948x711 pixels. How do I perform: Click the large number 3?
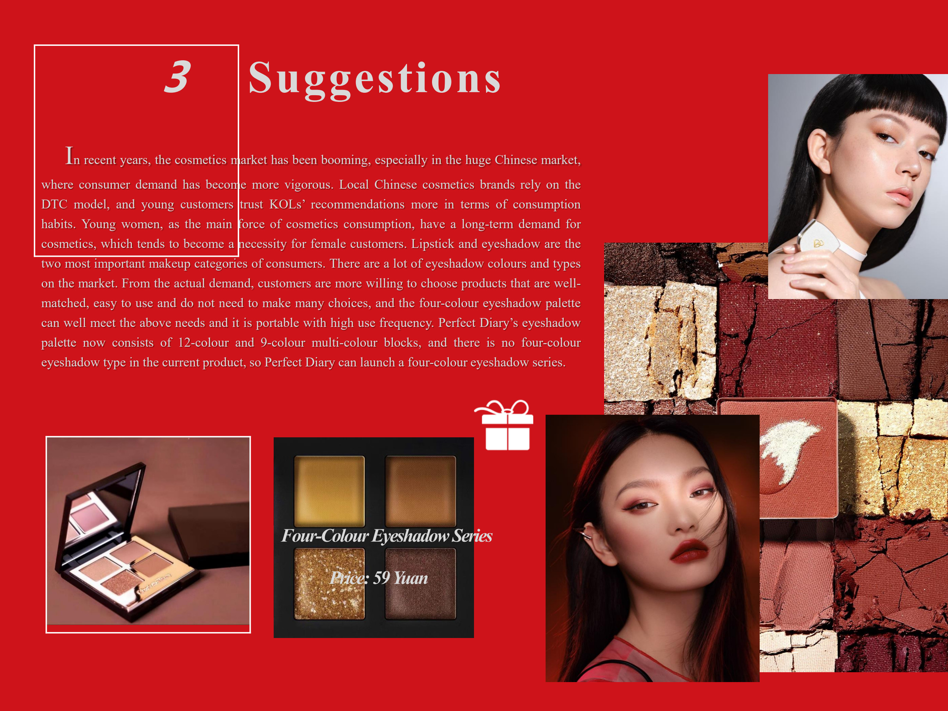point(177,77)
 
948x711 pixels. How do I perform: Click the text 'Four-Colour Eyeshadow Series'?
point(387,536)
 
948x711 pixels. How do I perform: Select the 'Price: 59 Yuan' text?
point(379,578)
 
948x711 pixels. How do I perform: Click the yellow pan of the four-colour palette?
point(329,491)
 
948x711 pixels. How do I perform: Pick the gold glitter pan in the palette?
point(329,584)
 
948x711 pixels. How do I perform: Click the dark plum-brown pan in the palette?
point(420,584)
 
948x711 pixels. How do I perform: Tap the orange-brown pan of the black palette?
point(420,491)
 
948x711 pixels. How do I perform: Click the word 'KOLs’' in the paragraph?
point(287,205)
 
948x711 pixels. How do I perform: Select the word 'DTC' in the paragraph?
point(54,205)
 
